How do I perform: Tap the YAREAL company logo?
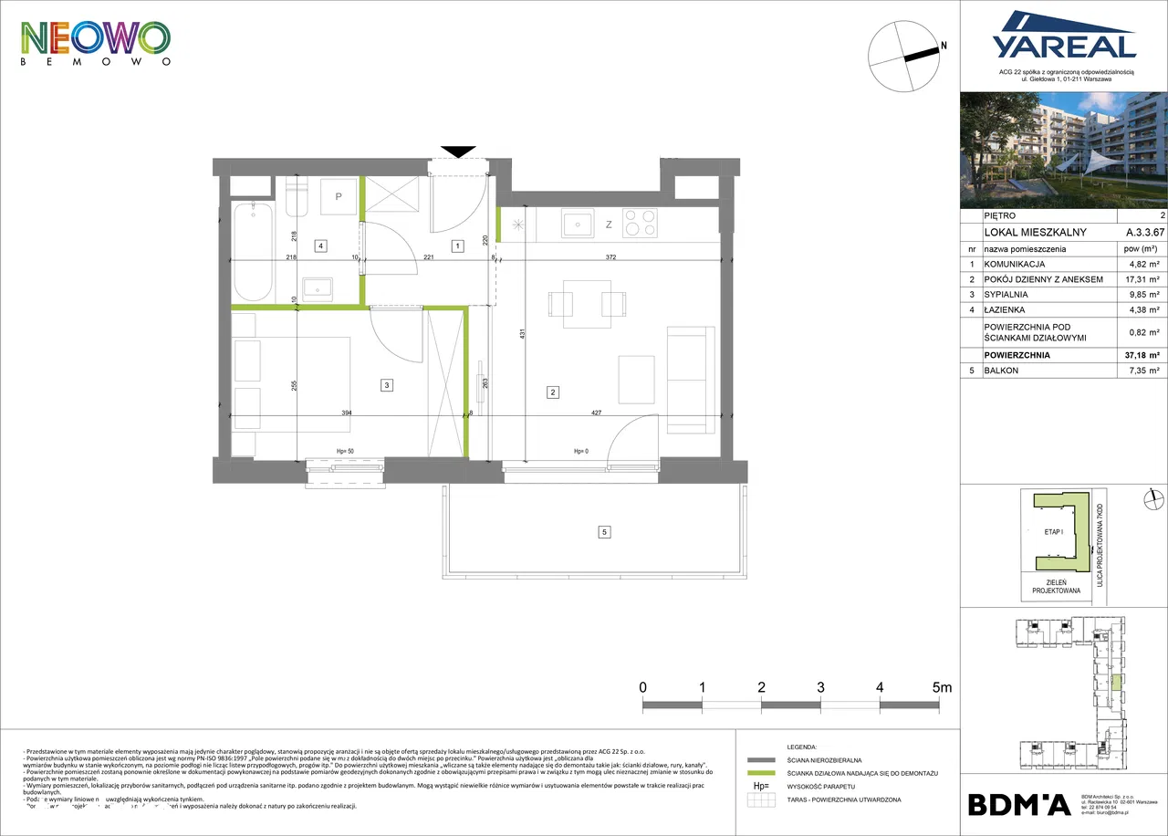(1063, 37)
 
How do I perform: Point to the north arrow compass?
(905, 55)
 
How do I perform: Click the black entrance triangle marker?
(458, 152)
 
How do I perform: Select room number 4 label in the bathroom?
(320, 245)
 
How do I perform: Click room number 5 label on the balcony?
(603, 531)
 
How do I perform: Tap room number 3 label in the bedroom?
(387, 386)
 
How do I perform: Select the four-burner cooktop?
(639, 224)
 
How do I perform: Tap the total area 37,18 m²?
(1141, 356)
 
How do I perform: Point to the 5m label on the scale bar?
(940, 686)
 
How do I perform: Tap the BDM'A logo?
(1018, 804)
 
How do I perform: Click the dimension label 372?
(623, 257)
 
